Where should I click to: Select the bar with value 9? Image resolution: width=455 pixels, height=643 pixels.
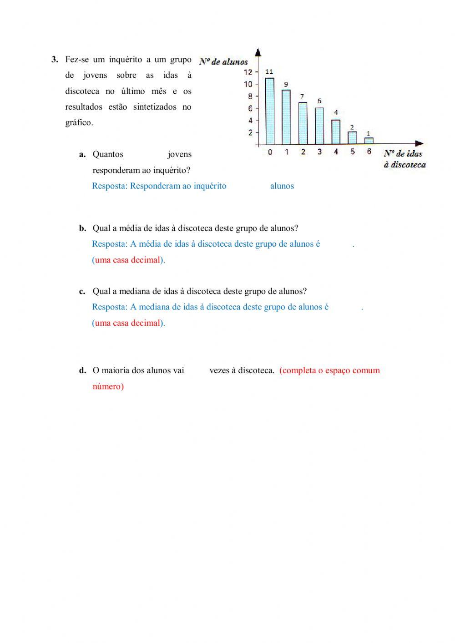pos(286,116)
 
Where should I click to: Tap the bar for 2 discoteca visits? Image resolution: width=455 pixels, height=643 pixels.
pos(303,123)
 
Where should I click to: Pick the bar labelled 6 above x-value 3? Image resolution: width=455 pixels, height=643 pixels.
pos(319,126)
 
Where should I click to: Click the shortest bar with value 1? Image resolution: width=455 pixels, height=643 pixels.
pos(369,141)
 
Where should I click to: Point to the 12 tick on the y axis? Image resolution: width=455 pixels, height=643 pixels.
pos(248,72)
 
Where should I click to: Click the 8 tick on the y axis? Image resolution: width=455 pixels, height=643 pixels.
pos(250,96)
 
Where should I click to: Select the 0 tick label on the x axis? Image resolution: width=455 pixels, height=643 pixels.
pos(270,152)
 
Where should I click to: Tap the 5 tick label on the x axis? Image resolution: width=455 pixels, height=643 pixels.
pos(353,152)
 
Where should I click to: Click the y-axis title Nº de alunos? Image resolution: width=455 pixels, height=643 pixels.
pos(223,61)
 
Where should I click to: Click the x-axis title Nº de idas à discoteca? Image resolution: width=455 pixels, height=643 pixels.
pos(404,159)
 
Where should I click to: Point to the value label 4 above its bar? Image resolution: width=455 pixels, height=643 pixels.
pos(336,112)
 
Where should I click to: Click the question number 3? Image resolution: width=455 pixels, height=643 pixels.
pos(55,60)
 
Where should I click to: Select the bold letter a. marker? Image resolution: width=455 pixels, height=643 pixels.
pos(82,154)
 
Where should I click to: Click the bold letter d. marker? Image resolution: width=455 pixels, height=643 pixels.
pos(82,370)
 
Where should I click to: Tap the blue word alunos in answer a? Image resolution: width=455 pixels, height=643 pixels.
pos(282,186)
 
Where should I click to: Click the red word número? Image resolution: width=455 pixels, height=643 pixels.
pos(108,386)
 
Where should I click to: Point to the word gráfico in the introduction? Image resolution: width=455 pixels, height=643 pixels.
pos(79,123)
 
